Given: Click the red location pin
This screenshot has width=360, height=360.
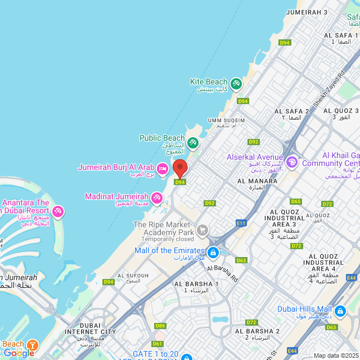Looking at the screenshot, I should click(180, 168).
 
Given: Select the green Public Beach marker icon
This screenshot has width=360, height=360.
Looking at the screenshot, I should click(193, 143).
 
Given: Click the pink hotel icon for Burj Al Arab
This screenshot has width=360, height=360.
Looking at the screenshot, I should click(162, 168).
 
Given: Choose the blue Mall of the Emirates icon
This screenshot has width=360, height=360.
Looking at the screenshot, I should click(213, 253).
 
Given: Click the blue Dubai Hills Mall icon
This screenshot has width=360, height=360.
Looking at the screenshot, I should click(340, 310).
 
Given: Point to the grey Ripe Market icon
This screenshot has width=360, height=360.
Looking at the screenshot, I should click(202, 229).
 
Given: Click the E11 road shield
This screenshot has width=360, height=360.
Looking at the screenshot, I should click(242, 223).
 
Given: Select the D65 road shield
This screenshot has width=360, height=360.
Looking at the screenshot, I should click(296, 201).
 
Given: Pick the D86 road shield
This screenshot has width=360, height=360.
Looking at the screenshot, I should click(160, 326).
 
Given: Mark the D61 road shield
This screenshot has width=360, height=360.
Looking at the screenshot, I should click(157, 344).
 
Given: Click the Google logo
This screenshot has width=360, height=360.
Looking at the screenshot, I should click(19, 353).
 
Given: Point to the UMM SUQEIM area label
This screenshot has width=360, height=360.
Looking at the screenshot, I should click(226, 120).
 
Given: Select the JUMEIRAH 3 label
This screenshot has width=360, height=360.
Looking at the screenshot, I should click(307, 12).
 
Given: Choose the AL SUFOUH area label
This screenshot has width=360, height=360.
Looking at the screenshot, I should click(134, 276).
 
